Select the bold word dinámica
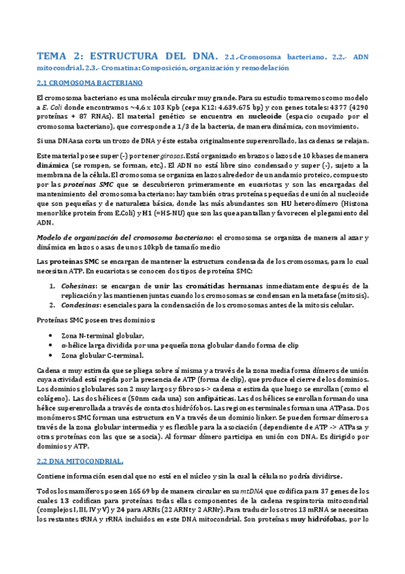(53, 164)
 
